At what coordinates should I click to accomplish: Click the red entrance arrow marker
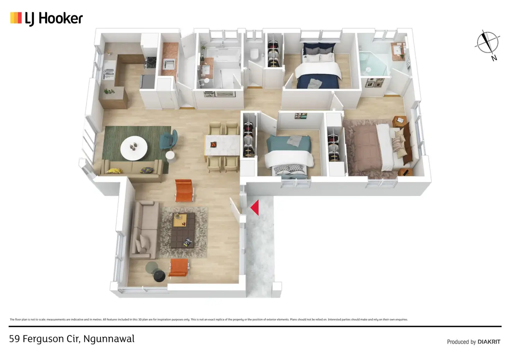255,208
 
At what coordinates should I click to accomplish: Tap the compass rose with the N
487,43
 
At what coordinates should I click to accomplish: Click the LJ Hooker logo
46,18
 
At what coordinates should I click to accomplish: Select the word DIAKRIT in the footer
489,342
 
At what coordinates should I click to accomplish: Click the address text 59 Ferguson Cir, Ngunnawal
72,339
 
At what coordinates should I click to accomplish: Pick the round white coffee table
134,148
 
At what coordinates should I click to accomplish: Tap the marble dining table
222,146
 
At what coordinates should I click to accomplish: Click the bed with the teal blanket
288,155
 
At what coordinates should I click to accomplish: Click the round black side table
159,276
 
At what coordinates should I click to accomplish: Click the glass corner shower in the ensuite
373,64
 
